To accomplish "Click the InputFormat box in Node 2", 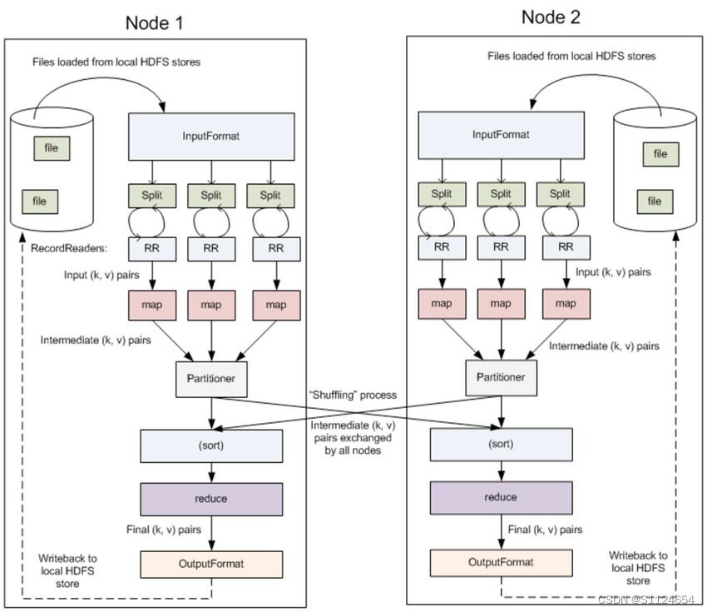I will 500,135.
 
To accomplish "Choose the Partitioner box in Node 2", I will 500,376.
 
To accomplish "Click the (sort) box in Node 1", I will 210,445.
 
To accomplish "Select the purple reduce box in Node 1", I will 210,498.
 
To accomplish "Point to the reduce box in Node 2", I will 500,497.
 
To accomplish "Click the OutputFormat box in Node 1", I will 210,564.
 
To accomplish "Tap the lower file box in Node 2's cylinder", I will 655,201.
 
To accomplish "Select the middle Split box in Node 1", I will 210,195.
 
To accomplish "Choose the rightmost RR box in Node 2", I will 566,246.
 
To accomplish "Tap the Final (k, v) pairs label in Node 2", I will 545,529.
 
